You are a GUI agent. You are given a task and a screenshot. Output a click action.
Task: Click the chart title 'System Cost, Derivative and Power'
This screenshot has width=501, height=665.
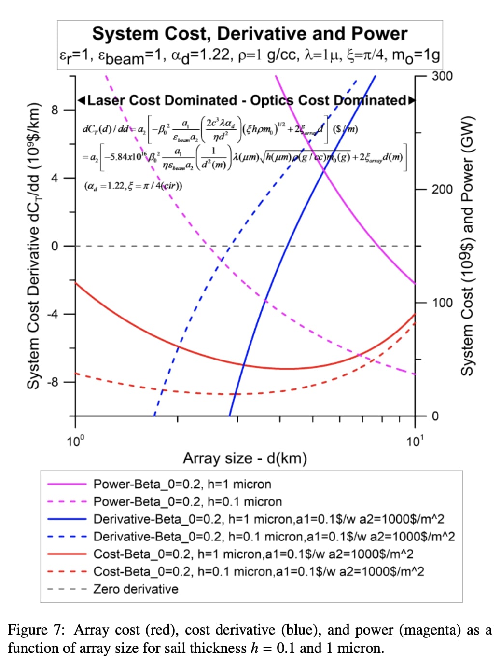(x=250, y=34)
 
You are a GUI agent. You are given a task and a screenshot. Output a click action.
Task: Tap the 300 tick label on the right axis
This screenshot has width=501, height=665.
(x=442, y=76)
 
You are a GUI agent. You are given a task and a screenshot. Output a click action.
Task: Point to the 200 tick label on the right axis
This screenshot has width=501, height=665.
(x=442, y=189)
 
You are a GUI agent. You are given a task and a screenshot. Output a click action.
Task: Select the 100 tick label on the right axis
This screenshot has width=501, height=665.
(x=442, y=303)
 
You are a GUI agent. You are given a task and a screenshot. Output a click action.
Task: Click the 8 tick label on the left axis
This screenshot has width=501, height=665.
(x=55, y=110)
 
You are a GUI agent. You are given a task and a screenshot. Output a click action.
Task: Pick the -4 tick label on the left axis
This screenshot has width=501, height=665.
(x=52, y=314)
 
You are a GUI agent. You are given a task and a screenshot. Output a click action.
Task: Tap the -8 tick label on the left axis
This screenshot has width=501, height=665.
(x=52, y=382)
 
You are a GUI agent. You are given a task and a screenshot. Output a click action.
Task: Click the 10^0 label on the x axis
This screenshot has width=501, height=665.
(x=75, y=441)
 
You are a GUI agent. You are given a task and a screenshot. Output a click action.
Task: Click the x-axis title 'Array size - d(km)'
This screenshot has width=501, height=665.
(x=245, y=458)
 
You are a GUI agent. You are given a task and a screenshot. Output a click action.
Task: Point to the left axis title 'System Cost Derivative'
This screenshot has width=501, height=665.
(x=33, y=246)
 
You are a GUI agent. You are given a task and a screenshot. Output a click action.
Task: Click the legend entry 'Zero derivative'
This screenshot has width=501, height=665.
(x=136, y=589)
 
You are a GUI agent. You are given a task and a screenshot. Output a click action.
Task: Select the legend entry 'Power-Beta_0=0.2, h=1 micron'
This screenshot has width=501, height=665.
(x=182, y=484)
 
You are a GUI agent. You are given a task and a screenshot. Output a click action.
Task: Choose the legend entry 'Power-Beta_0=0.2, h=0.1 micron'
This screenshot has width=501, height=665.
(x=187, y=502)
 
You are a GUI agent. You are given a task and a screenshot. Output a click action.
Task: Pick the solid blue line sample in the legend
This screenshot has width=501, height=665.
(x=67, y=519)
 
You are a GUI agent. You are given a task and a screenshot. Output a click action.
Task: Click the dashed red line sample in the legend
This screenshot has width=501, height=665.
(x=67, y=572)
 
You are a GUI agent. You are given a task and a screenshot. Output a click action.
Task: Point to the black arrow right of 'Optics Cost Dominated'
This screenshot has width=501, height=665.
(x=411, y=100)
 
